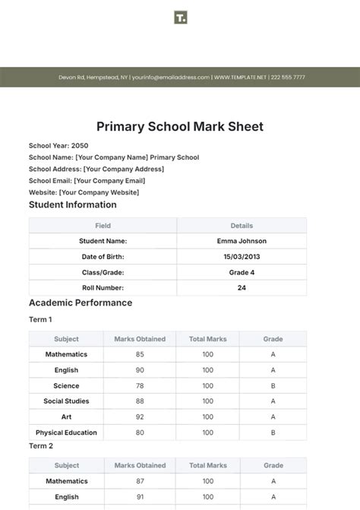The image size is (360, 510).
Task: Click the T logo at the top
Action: (x=180, y=17)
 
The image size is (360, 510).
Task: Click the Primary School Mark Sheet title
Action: (x=180, y=127)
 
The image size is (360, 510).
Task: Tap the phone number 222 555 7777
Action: (x=288, y=78)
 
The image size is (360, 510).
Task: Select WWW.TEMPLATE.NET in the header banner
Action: (x=242, y=78)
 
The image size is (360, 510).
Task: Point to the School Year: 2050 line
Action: (x=58, y=145)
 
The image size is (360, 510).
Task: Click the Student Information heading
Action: (x=73, y=204)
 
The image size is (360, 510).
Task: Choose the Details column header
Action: (x=242, y=226)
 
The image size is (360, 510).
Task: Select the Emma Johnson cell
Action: (x=242, y=241)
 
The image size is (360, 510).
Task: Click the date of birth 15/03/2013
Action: (x=242, y=257)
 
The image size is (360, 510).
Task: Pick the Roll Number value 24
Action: (x=242, y=288)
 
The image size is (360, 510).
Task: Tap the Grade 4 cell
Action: (x=242, y=272)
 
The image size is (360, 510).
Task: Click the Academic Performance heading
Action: (x=81, y=303)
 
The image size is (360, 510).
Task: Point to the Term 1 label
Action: (x=40, y=320)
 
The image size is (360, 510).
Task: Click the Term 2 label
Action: (x=40, y=446)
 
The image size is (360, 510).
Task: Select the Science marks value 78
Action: (x=140, y=385)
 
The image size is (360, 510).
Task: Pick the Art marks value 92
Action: (x=140, y=417)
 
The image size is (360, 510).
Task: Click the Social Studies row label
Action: (x=66, y=401)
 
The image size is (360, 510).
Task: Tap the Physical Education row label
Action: (x=66, y=432)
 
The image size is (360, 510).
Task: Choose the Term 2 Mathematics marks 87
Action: (x=140, y=481)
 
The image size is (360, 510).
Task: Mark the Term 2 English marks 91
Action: (x=140, y=497)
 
